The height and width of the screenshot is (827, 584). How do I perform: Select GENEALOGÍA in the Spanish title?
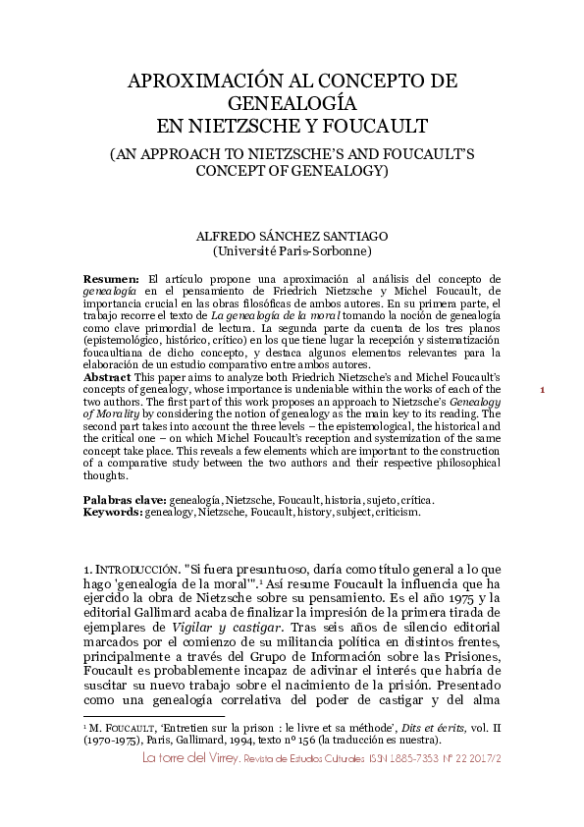tap(292, 103)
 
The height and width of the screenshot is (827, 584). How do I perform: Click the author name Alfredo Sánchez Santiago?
tap(292, 236)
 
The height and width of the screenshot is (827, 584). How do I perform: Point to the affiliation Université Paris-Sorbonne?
tap(292, 250)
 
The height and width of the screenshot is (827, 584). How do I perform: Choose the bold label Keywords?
tap(112, 512)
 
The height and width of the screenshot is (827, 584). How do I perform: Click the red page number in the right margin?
tap(543, 418)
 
